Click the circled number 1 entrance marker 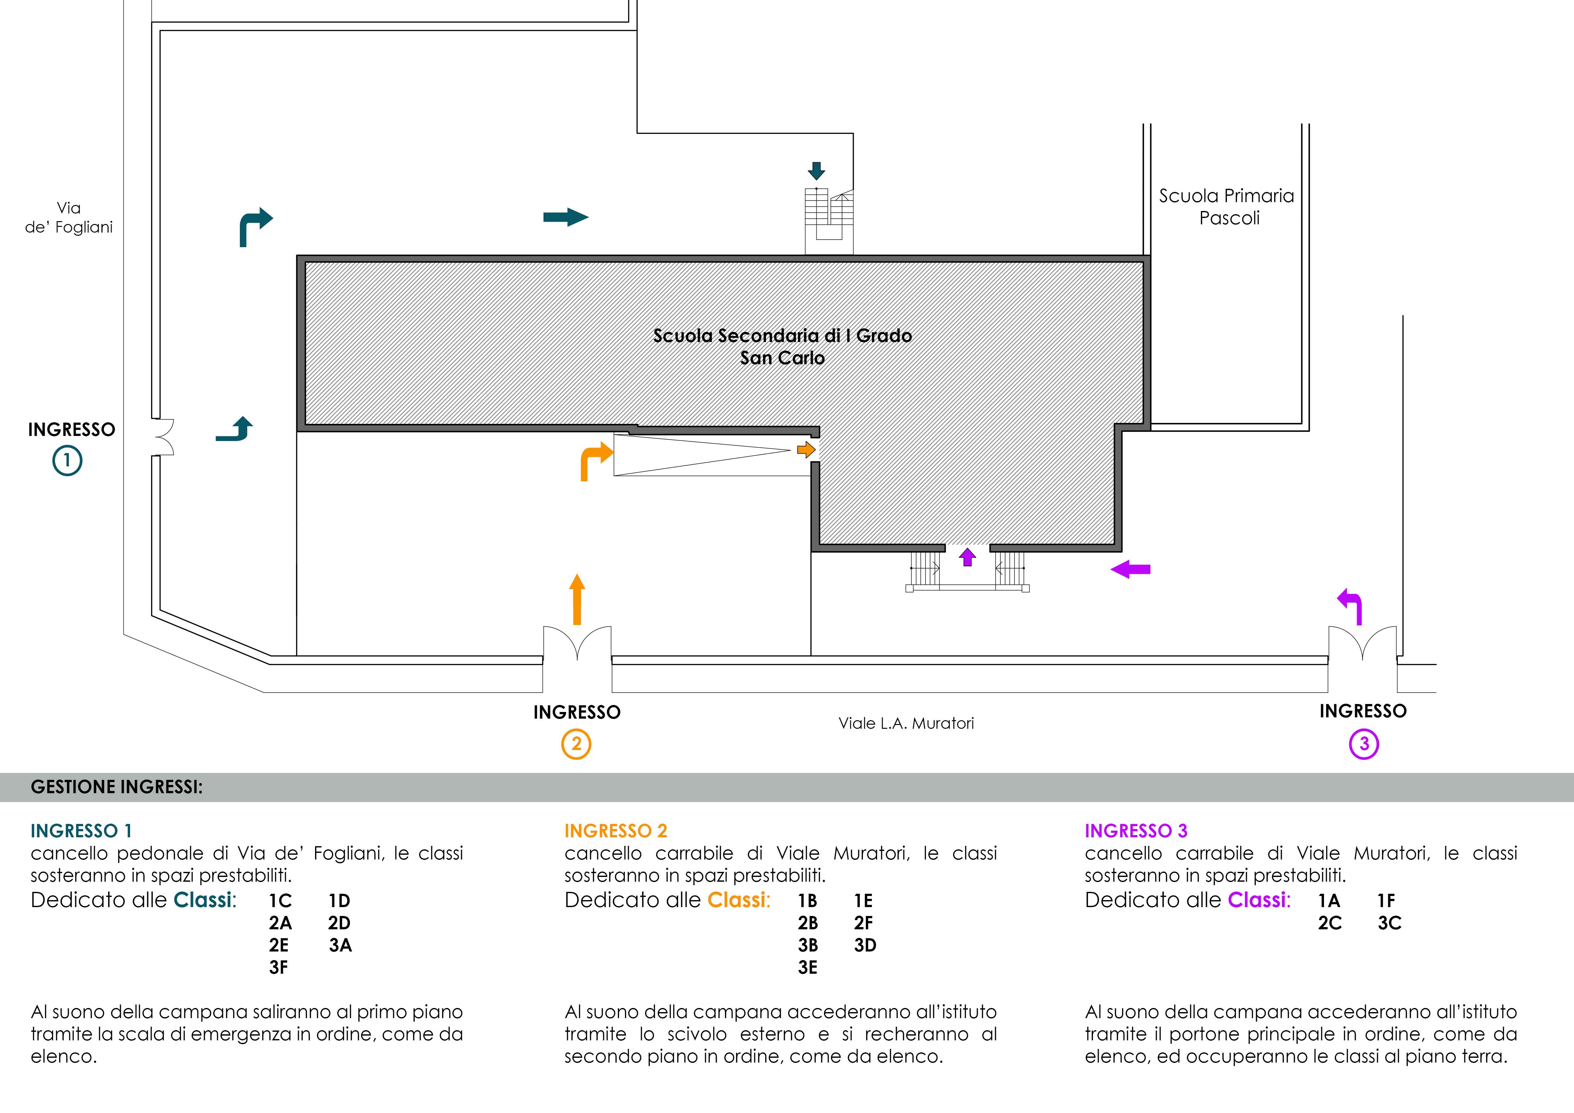[x=67, y=461]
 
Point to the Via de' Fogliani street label [x=69, y=217]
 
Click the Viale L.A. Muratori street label [x=906, y=723]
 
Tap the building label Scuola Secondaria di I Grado [x=782, y=336]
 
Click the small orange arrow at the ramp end [x=806, y=450]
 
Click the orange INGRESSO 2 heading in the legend [x=616, y=831]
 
